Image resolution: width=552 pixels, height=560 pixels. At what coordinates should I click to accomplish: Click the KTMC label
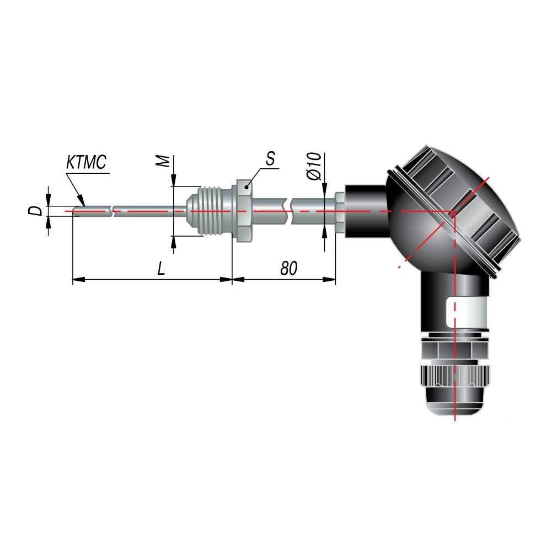point(86,162)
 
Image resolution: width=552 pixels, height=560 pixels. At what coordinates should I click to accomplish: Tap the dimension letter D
point(35,211)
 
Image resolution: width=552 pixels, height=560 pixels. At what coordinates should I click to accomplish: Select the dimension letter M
point(164,161)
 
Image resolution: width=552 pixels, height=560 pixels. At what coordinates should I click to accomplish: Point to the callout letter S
point(271,158)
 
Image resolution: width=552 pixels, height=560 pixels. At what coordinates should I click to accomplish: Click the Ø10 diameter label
point(314,167)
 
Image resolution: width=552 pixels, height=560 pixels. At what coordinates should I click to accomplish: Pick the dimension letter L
point(162,268)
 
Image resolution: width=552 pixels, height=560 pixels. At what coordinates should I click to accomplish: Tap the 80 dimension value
point(288,268)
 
